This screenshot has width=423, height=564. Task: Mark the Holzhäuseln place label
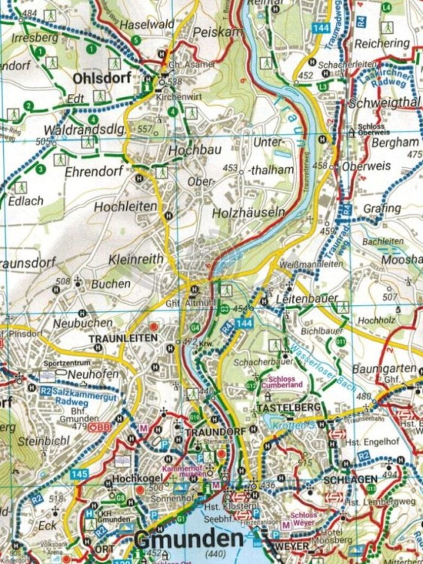[249, 213]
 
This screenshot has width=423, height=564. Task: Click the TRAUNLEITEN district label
[123, 338]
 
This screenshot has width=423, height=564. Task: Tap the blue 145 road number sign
[80, 474]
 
